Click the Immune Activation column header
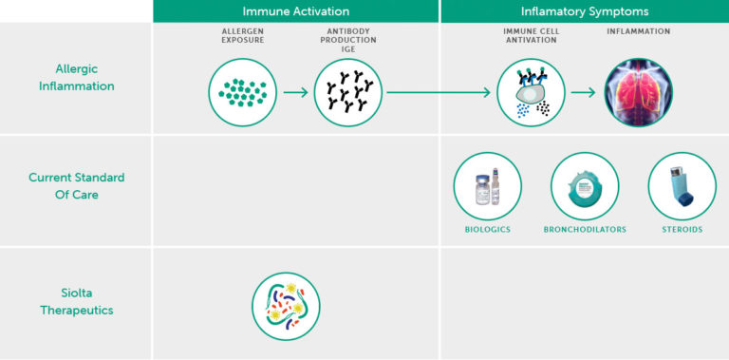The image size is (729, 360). pos(295,11)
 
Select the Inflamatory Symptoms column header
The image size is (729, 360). pos(584,11)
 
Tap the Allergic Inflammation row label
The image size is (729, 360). pos(77,78)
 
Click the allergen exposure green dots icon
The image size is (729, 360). pos(243,92)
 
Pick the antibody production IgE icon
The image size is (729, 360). pos(348,92)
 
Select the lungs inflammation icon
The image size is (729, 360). pos(639,92)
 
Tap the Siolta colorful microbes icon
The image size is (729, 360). pos(286,306)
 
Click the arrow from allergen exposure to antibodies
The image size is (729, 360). pos(296,92)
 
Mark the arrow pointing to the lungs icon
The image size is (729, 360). pos(584,92)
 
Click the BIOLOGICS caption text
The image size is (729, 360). pos(487,230)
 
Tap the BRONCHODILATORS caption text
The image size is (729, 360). pos(585,230)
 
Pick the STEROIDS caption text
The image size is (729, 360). pos(682,230)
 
